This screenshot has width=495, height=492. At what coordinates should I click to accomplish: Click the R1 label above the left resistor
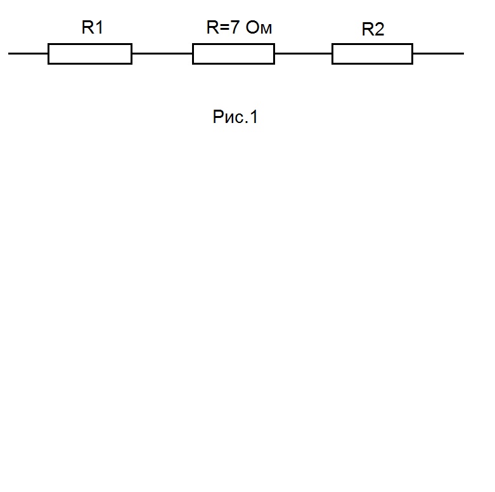pos(92,27)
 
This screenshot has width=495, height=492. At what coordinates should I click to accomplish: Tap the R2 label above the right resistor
pos(373,29)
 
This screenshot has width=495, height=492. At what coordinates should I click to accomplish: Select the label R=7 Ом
pos(239,27)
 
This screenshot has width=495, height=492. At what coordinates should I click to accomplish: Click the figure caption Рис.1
pos(235,117)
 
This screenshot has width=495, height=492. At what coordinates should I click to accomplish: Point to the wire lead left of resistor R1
pos(28,53)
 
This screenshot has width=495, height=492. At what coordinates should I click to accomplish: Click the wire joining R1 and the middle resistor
pos(162,53)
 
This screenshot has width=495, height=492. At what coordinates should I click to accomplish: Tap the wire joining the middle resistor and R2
pos(304,53)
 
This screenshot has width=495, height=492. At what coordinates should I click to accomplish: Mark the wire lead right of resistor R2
pos(439,53)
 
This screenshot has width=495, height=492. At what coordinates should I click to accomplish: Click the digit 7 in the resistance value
pos(235,27)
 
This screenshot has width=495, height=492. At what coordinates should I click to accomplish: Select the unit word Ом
pos(259,27)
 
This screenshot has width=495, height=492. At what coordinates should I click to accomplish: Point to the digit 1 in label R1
pos(99,27)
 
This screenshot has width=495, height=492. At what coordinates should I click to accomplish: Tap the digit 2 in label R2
pos(379,29)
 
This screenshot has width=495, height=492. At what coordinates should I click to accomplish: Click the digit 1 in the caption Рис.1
pos(254,117)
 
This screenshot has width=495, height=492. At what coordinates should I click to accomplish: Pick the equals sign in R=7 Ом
pos(224,27)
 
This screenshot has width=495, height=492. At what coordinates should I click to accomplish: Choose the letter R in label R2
pos(368,29)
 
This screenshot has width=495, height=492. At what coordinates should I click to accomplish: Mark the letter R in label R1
pos(87,27)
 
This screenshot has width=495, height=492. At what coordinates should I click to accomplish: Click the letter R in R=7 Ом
pos(212,27)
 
